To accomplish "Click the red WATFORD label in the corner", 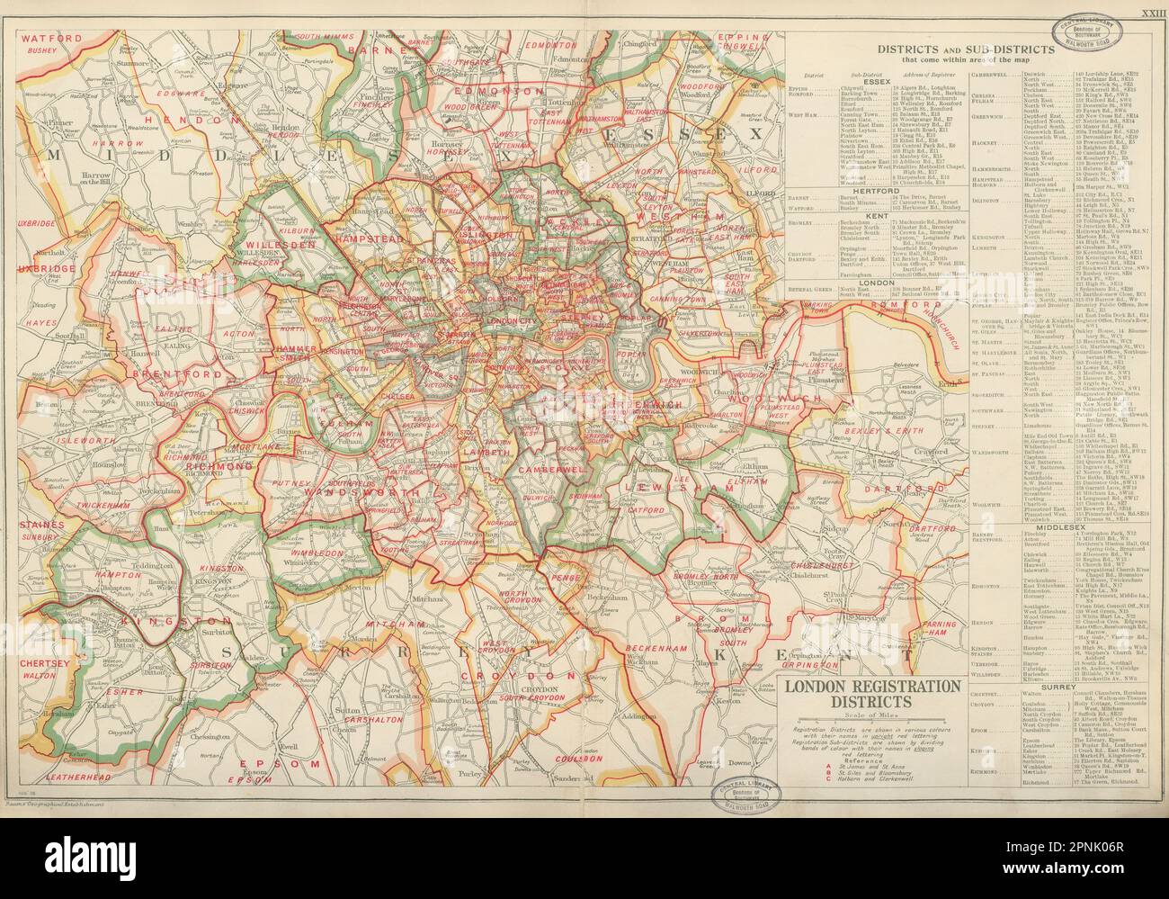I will (50, 39).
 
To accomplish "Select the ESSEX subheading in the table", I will (876, 80).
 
